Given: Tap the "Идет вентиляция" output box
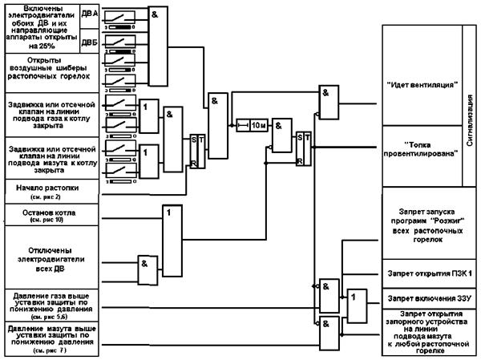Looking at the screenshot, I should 422,83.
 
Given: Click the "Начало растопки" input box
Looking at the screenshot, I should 51,190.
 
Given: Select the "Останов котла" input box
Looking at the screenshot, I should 51,214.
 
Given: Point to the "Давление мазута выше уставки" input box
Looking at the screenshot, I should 51,338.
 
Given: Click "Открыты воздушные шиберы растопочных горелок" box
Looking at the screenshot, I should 51,69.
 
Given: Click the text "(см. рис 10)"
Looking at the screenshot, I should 51,219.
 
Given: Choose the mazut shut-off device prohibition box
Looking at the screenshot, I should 422,332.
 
